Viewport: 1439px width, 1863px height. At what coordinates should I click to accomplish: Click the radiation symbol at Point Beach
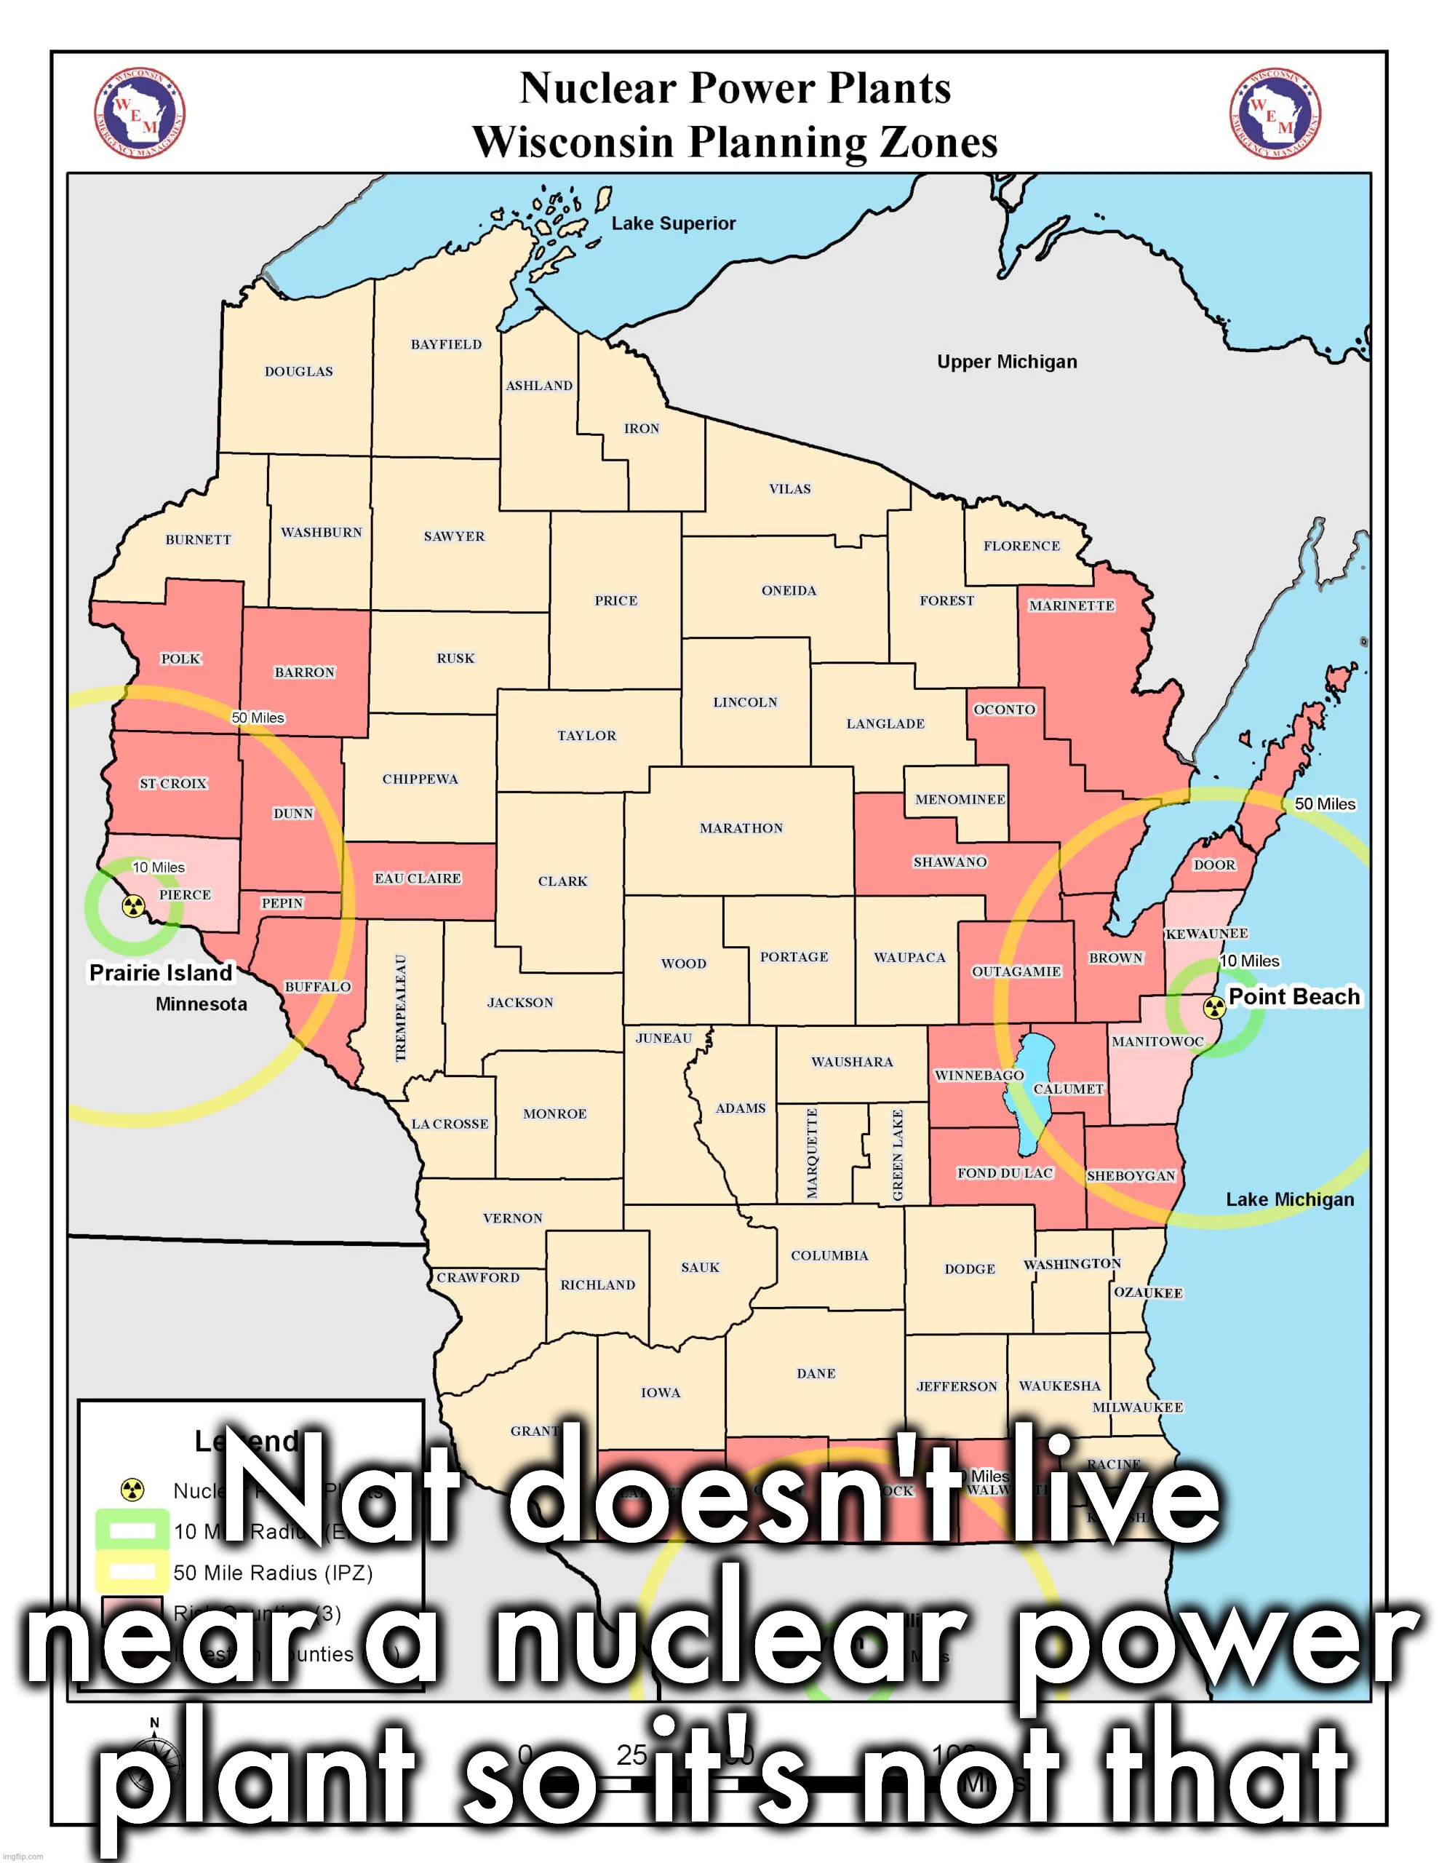[x=1213, y=1007]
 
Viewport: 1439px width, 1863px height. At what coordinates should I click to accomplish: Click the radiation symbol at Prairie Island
[x=132, y=906]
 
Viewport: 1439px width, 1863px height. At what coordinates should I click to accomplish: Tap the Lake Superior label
[x=673, y=223]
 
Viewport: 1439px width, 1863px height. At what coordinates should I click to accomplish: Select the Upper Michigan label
[x=1007, y=362]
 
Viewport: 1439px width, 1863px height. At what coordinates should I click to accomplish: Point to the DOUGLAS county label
[x=298, y=372]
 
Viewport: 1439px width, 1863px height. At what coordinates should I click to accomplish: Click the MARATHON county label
[x=741, y=828]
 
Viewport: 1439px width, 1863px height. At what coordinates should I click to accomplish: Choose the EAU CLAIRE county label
[x=417, y=878]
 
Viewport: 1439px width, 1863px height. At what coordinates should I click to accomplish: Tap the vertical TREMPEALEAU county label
[x=401, y=1007]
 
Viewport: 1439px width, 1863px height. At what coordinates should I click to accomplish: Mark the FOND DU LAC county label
[x=1005, y=1173]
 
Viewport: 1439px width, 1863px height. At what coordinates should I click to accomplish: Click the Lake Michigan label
[x=1289, y=1199]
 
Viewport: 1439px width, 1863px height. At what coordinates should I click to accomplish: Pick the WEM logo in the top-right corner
[x=1275, y=114]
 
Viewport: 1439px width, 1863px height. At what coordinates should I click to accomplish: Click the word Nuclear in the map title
[x=597, y=89]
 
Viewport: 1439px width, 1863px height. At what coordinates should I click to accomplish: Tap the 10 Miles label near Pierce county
[x=159, y=867]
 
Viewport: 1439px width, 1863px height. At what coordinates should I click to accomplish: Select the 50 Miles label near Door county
[x=1324, y=803]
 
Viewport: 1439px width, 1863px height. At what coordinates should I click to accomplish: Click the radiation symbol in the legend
[x=132, y=1490]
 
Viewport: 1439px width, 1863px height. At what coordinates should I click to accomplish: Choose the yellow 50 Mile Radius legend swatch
[x=132, y=1572]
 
